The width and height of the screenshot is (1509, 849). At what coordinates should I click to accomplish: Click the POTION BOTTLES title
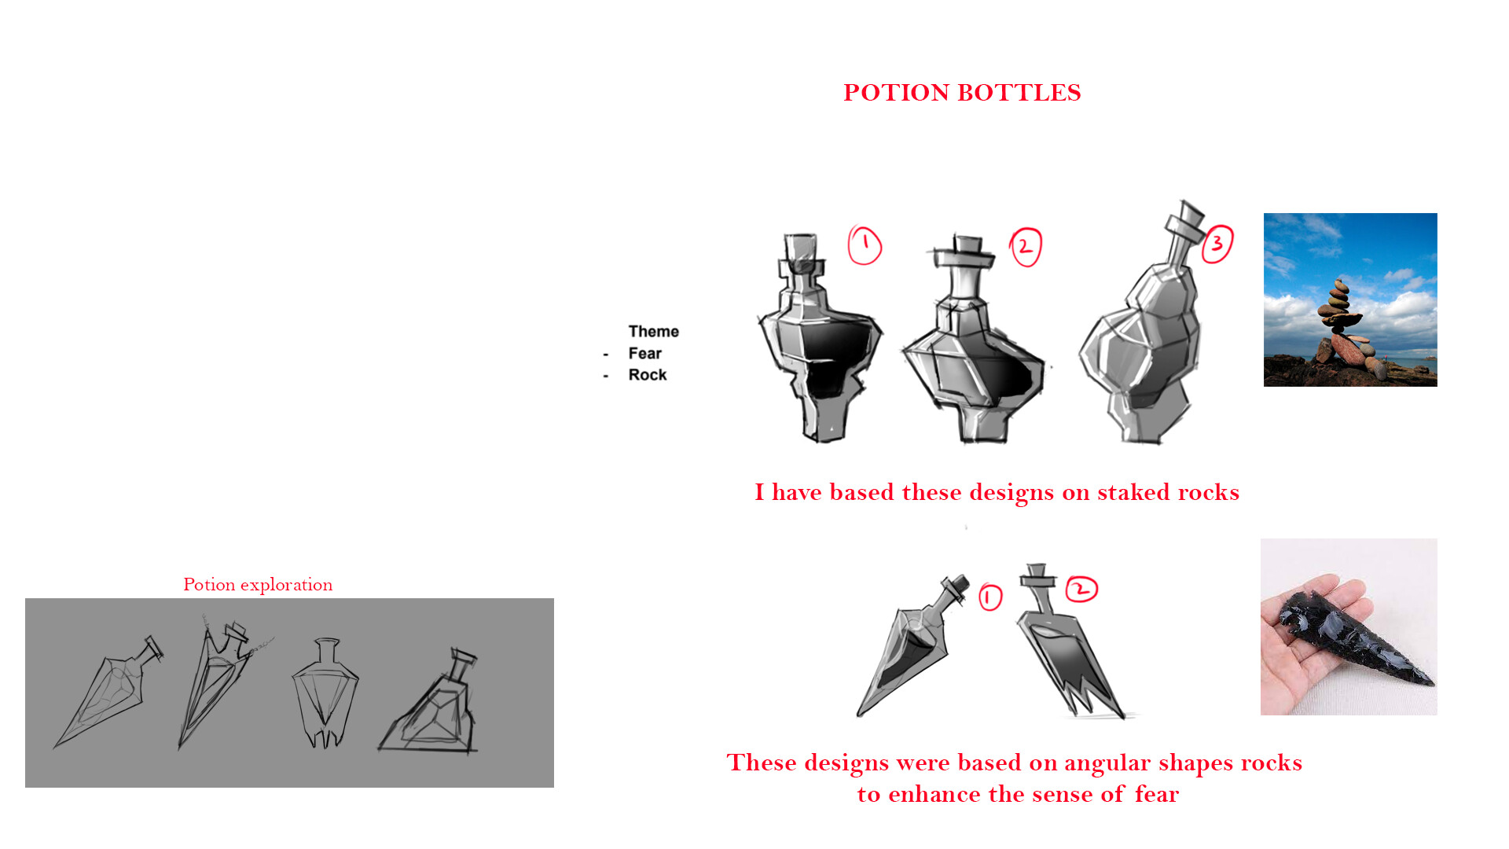(962, 93)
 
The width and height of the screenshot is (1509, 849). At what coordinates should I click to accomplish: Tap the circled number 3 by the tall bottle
(1217, 244)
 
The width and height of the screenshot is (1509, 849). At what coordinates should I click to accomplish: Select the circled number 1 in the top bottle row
(865, 245)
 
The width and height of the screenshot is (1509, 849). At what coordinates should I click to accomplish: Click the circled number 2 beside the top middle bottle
(1026, 247)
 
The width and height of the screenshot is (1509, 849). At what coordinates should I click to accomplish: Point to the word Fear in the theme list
(644, 354)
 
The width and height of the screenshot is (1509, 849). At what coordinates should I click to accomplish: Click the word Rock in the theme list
(647, 375)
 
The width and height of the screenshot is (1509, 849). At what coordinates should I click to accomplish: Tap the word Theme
(653, 332)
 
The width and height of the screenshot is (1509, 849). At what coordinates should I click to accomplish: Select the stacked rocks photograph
(1349, 300)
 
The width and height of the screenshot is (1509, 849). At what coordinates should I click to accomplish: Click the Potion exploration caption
(258, 585)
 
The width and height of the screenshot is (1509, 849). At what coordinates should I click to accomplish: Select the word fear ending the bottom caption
(1156, 795)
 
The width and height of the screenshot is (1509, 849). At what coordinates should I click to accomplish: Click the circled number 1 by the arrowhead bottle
(990, 597)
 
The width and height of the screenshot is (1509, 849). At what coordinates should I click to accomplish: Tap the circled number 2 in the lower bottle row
(1081, 589)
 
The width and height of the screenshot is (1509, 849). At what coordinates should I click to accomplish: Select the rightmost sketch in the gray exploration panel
(431, 707)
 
